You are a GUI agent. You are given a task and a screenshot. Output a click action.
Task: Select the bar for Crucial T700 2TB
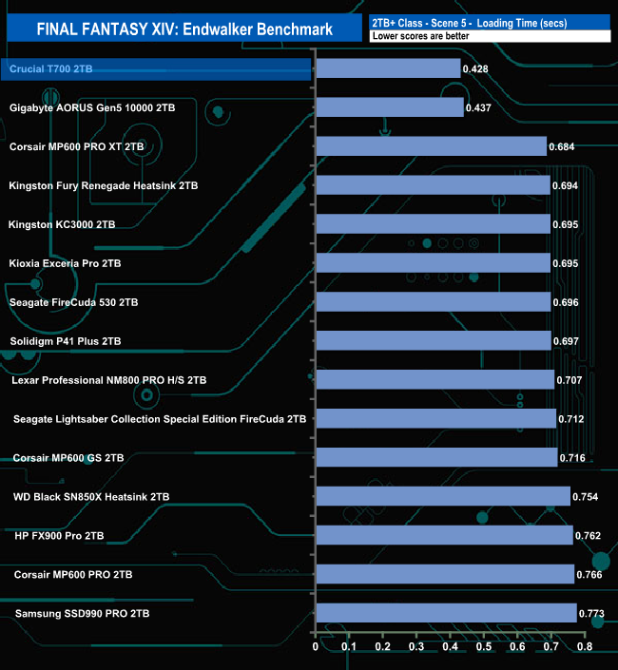(388, 68)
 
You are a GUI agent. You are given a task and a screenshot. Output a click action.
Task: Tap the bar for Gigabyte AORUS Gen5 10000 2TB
(390, 107)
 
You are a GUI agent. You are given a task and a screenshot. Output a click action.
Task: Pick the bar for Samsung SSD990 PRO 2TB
(446, 613)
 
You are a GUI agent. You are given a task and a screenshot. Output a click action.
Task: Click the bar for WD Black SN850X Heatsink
(443, 496)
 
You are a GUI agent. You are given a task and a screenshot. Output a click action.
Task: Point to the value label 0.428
(476, 69)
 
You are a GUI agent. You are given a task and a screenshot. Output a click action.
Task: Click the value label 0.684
(563, 147)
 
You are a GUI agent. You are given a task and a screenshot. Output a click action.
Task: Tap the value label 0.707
(570, 381)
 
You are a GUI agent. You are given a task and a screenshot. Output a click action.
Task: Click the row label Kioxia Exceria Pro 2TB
(65, 262)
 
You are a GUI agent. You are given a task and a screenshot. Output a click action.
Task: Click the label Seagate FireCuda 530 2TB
(74, 302)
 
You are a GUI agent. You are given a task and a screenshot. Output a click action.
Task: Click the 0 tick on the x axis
(317, 647)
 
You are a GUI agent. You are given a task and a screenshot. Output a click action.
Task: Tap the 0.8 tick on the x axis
(584, 647)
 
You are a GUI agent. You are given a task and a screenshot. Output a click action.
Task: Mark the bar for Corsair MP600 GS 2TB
(436, 457)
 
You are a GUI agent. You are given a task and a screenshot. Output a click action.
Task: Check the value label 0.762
(589, 537)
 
